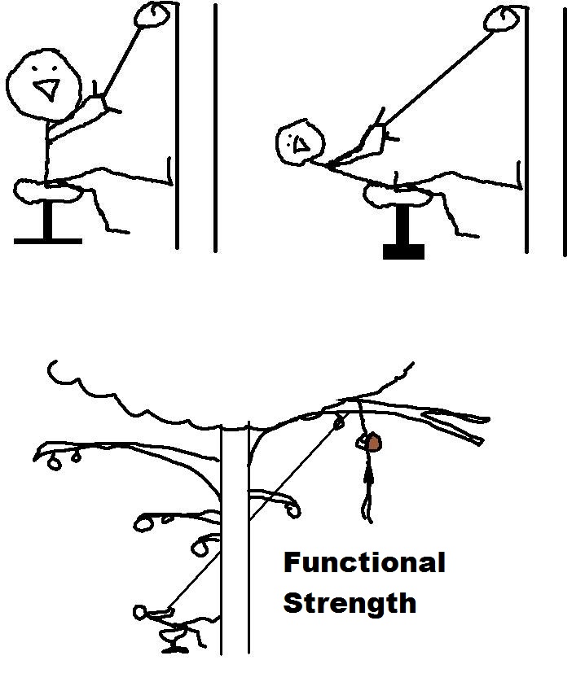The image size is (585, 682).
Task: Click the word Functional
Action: (x=364, y=562)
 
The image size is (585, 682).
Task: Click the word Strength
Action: (x=350, y=604)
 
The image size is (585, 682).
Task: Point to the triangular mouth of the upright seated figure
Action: (x=47, y=90)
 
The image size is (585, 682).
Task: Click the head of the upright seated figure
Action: (x=43, y=85)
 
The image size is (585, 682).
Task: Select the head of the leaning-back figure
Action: (x=301, y=142)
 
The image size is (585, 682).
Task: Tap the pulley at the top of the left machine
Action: (x=152, y=15)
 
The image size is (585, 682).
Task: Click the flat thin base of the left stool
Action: (x=48, y=241)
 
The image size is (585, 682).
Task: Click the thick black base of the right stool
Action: (x=403, y=251)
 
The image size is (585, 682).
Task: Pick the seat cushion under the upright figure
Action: (x=47, y=190)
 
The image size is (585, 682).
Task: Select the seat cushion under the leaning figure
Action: (x=398, y=195)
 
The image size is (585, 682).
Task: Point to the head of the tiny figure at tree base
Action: (x=139, y=612)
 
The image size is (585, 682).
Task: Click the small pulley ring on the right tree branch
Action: (x=339, y=422)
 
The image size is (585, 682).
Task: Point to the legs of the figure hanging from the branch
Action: (x=367, y=506)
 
